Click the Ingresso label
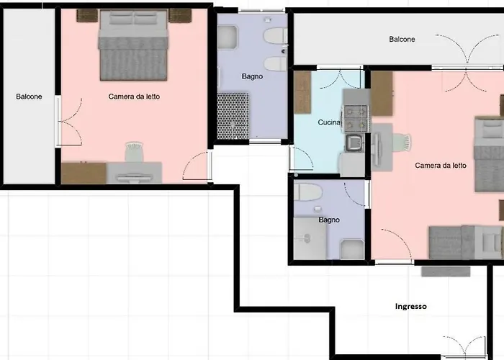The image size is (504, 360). tap(411, 306)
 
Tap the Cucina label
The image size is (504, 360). tap(329, 122)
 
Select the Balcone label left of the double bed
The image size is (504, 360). tap(29, 96)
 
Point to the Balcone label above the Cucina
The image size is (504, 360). tap(402, 39)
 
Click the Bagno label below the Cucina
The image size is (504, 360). tap(329, 220)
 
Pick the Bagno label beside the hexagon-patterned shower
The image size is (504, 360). tap(252, 76)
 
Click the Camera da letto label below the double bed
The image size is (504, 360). tap(134, 96)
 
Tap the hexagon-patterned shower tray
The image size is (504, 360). tap(233, 116)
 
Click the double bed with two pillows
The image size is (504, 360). tap(133, 45)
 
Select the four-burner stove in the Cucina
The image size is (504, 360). tap(356, 119)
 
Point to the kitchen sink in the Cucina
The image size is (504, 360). tap(354, 143)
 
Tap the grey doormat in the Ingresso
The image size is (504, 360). tap(446, 271)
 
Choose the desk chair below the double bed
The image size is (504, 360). tap(134, 151)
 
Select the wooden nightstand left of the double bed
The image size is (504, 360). tap(87, 15)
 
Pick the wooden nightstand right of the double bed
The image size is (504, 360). tap(180, 15)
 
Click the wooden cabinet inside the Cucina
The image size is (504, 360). tap(302, 93)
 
